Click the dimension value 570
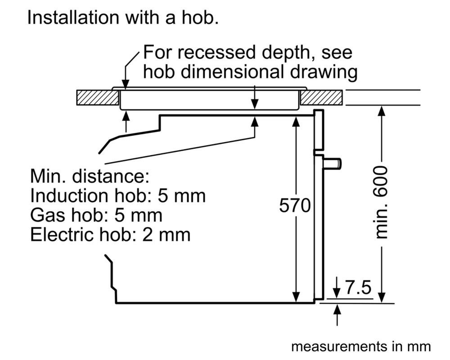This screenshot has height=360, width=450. (295, 206)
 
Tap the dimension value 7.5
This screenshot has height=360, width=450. (359, 287)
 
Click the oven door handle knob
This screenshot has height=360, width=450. (333, 163)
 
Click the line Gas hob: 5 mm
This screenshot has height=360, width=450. (96, 215)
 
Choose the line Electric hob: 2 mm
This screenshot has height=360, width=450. (110, 234)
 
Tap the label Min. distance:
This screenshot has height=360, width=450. (89, 176)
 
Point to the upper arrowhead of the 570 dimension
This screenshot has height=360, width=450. (296, 120)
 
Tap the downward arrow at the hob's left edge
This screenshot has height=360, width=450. (126, 83)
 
